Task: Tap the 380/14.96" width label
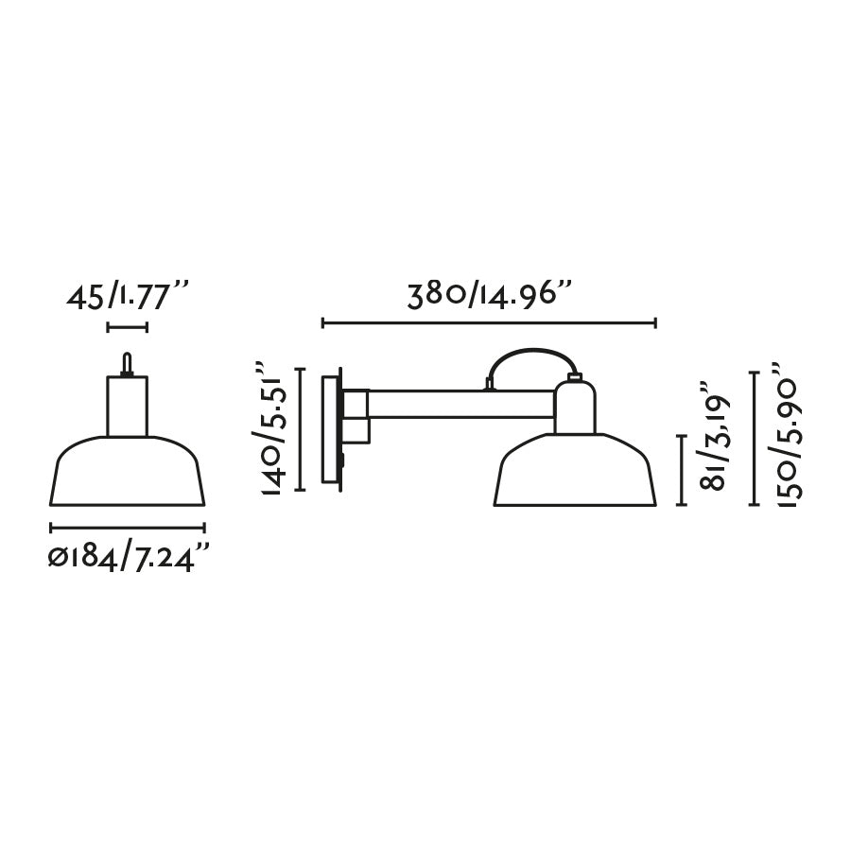[490, 294]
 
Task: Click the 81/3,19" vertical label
[715, 436]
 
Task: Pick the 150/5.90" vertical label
[788, 436]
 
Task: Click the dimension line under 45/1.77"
[128, 328]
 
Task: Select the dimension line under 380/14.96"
[489, 323]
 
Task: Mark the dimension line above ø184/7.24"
[127, 528]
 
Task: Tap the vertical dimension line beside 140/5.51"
[300, 429]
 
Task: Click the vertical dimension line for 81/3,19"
[682, 470]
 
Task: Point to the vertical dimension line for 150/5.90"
[754, 439]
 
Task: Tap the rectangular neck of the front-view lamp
[127, 406]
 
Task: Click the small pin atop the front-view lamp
[127, 363]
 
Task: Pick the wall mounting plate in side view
[331, 430]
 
